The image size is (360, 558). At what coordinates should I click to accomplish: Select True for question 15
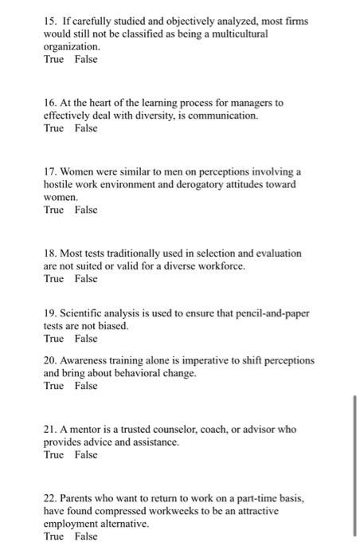click(x=53, y=59)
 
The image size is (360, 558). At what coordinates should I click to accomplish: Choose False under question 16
click(x=85, y=128)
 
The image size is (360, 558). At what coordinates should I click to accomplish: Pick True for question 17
click(x=53, y=210)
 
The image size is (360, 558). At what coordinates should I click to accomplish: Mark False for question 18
click(x=85, y=279)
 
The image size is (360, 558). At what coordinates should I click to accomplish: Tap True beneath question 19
click(x=53, y=339)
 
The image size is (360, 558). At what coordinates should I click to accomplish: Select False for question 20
click(x=85, y=386)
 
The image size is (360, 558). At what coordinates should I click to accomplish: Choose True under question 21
click(x=53, y=455)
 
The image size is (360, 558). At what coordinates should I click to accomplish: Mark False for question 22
click(x=85, y=536)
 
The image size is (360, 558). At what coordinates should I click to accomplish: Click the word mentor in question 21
click(x=92, y=429)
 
